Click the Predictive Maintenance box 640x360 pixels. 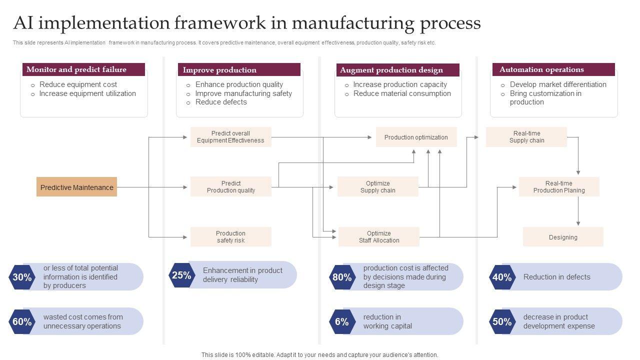click(76, 187)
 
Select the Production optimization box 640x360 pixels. click(416, 137)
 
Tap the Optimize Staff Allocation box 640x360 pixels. click(379, 237)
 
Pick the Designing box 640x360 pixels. click(563, 237)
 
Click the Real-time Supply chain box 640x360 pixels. click(526, 137)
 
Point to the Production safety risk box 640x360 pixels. click(230, 237)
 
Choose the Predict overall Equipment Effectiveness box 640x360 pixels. click(230, 137)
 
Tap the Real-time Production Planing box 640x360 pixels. click(559, 187)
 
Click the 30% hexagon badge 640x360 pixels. click(22, 277)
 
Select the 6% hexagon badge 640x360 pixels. click(342, 321)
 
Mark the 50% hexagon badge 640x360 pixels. click(502, 321)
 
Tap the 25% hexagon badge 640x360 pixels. click(181, 275)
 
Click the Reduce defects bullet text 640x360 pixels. click(221, 102)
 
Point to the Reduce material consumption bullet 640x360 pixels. click(402, 93)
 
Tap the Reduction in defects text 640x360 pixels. click(556, 277)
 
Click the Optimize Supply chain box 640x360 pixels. click(378, 187)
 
